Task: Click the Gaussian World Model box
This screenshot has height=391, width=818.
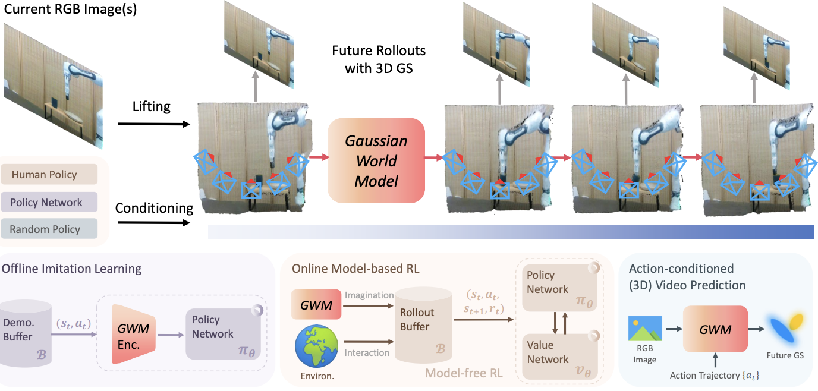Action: coord(376,160)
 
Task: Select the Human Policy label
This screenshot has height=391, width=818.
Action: coord(49,175)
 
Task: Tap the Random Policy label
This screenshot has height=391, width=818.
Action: coord(49,229)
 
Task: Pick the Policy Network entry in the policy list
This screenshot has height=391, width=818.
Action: coord(49,202)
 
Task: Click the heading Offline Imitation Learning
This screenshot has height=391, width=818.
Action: coord(72,269)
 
